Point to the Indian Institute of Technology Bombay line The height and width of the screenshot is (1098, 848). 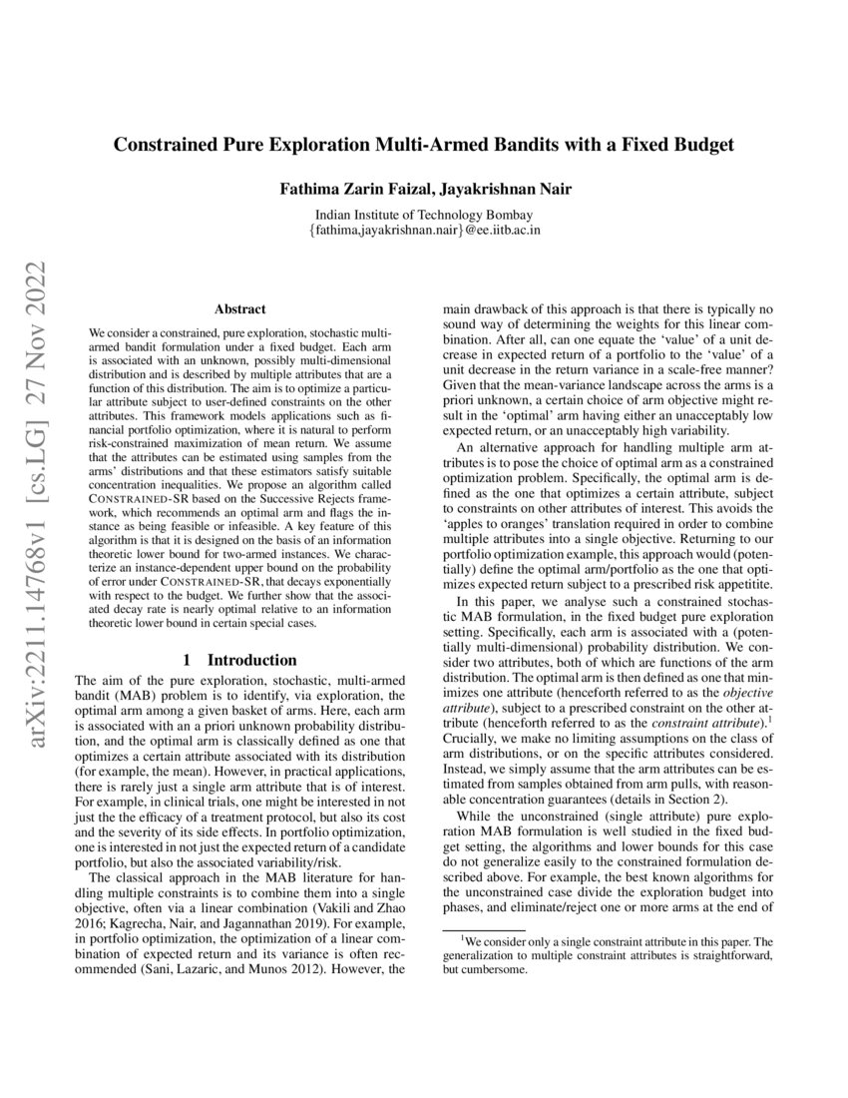[x=423, y=215]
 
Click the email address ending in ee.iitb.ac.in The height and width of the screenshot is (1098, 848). [x=423, y=230]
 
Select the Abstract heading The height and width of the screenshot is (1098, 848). [x=239, y=310]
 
